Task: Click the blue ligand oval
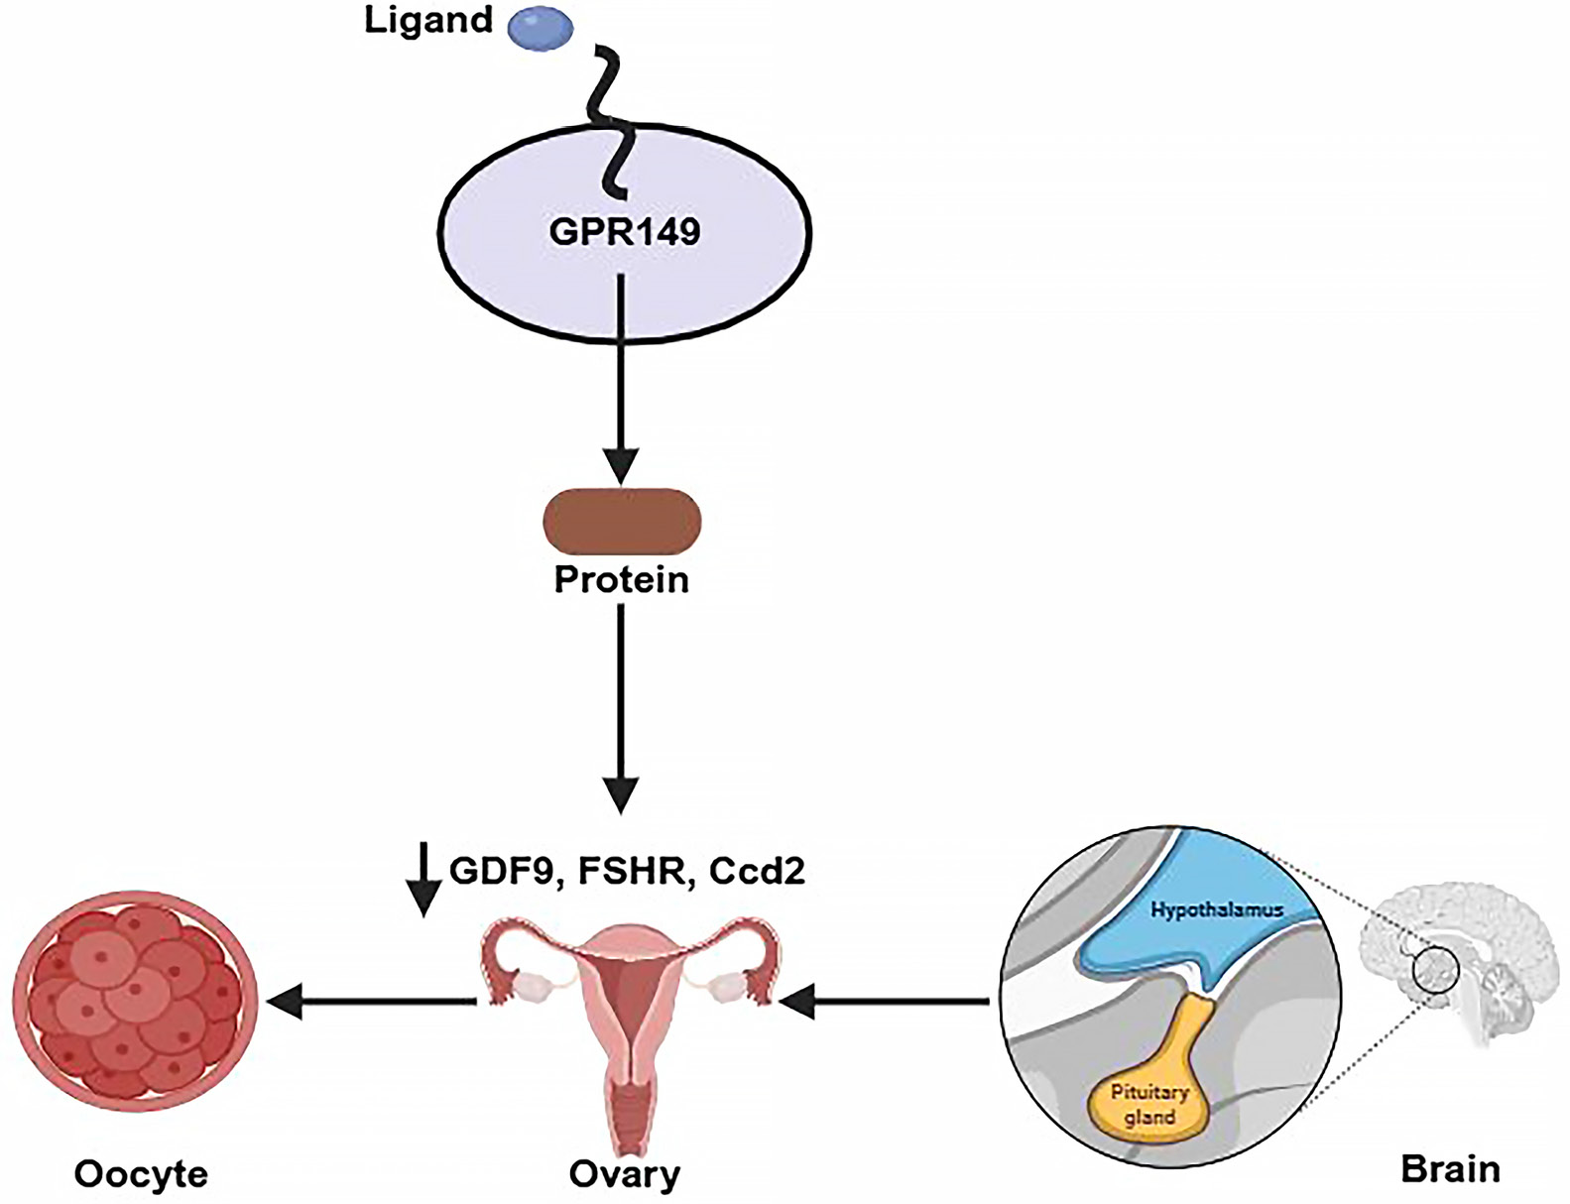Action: [x=541, y=27]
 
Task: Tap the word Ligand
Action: [x=428, y=20]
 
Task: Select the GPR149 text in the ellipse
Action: [x=625, y=231]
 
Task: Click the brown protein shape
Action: [x=622, y=521]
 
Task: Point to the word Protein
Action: [x=622, y=579]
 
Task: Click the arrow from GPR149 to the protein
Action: [x=622, y=377]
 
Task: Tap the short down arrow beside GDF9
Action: [x=424, y=879]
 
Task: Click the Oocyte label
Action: [x=141, y=1174]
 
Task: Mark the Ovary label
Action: [x=625, y=1174]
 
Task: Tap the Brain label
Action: [x=1450, y=1168]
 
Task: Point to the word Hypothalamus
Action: [x=1217, y=908]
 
